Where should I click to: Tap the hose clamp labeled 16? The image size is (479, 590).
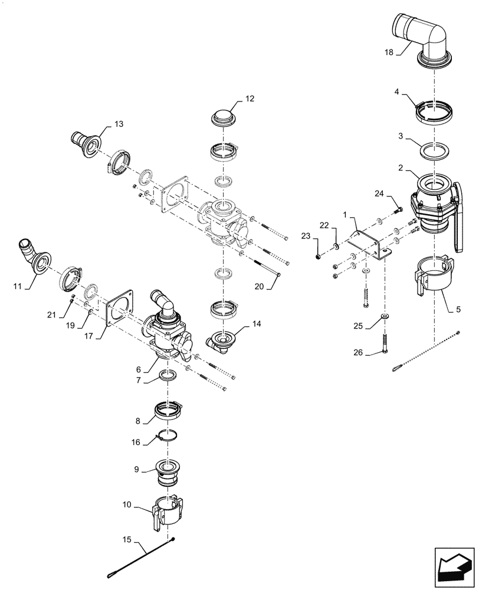(x=167, y=438)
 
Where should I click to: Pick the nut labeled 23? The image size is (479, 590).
(x=319, y=255)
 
